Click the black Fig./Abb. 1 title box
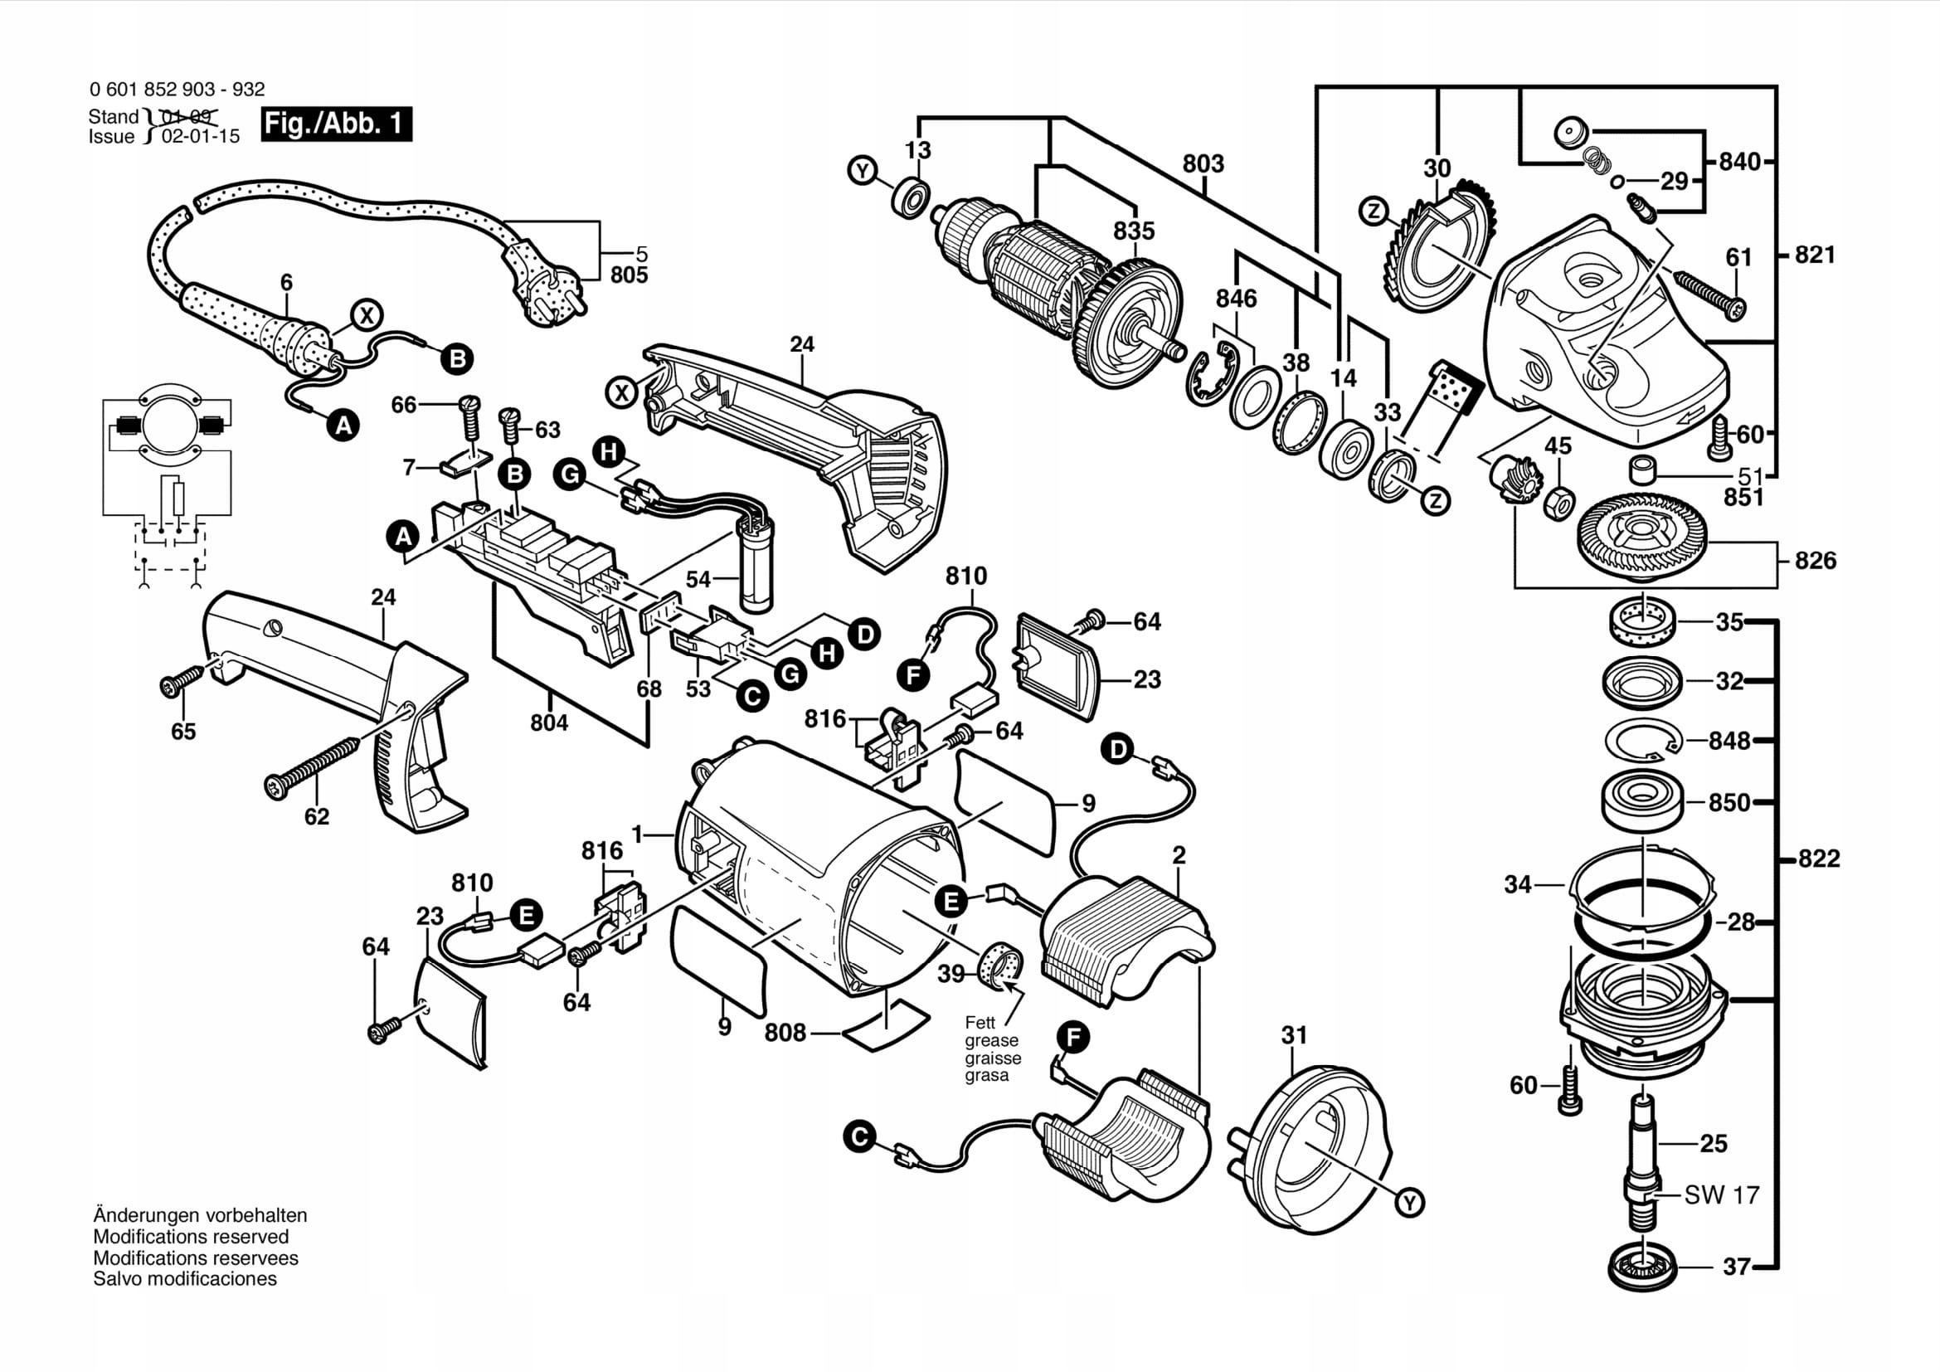336,124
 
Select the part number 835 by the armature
1133,231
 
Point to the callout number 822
1818,859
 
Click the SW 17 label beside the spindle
1721,1195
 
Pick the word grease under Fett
991,1041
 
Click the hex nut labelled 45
1558,504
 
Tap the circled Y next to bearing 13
862,172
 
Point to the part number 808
785,1033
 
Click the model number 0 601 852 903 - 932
177,90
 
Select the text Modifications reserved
191,1237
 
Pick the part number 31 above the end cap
1294,1035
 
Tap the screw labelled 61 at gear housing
1710,293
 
